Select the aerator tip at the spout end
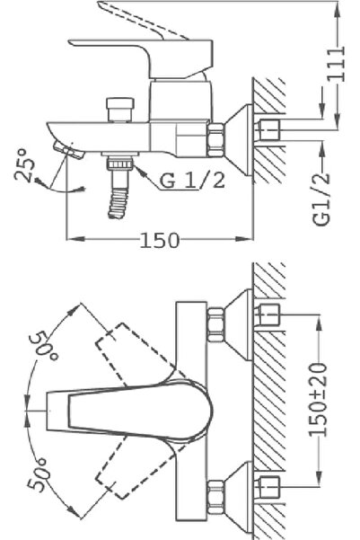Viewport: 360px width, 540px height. pyautogui.click(x=64, y=147)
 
